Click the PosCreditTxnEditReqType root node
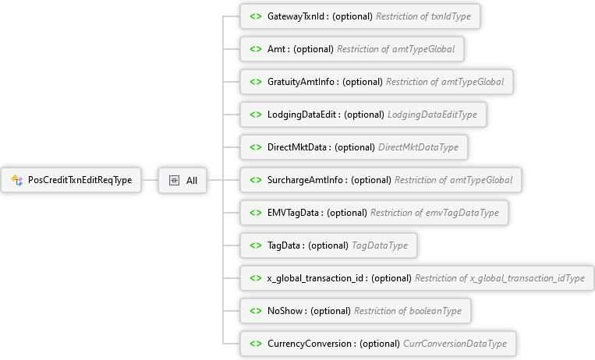[71, 180]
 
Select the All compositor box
[182, 180]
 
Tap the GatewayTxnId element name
[296, 16]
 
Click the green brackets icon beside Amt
[256, 49]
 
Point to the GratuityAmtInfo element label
[301, 82]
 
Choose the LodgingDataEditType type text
[432, 115]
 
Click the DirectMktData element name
[297, 147]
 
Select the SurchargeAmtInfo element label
[305, 180]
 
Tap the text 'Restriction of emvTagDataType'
[434, 213]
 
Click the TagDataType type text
[380, 245]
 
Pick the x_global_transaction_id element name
[315, 278]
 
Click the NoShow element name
[285, 311]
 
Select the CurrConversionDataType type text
[455, 344]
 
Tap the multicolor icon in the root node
[16, 180]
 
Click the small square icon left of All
[174, 180]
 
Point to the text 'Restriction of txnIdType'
[423, 16]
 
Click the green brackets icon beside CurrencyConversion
[256, 344]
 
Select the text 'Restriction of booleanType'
[408, 311]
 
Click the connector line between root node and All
[150, 180]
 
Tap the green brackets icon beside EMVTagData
[256, 213]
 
